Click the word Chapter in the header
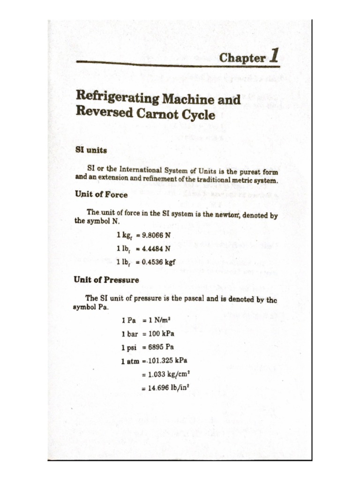[242, 58]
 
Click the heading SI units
[91, 150]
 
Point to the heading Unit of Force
[101, 195]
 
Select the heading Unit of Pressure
[106, 280]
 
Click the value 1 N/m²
[159, 320]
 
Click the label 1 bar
[129, 334]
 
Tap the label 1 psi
[129, 347]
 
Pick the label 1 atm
[130, 361]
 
